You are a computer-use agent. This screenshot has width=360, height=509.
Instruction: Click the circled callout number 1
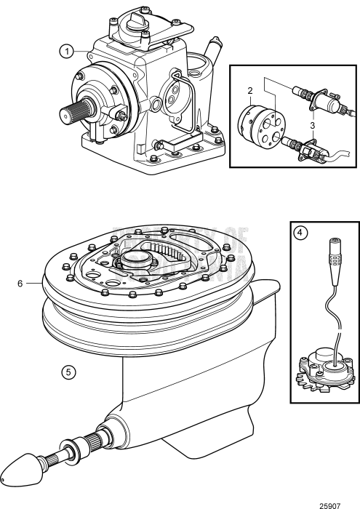pos(67,51)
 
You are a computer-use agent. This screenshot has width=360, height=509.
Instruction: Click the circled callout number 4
pos(299,235)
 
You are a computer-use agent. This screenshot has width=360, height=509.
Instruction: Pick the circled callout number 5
pos(67,370)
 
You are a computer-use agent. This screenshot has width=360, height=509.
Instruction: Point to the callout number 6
pos(20,283)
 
